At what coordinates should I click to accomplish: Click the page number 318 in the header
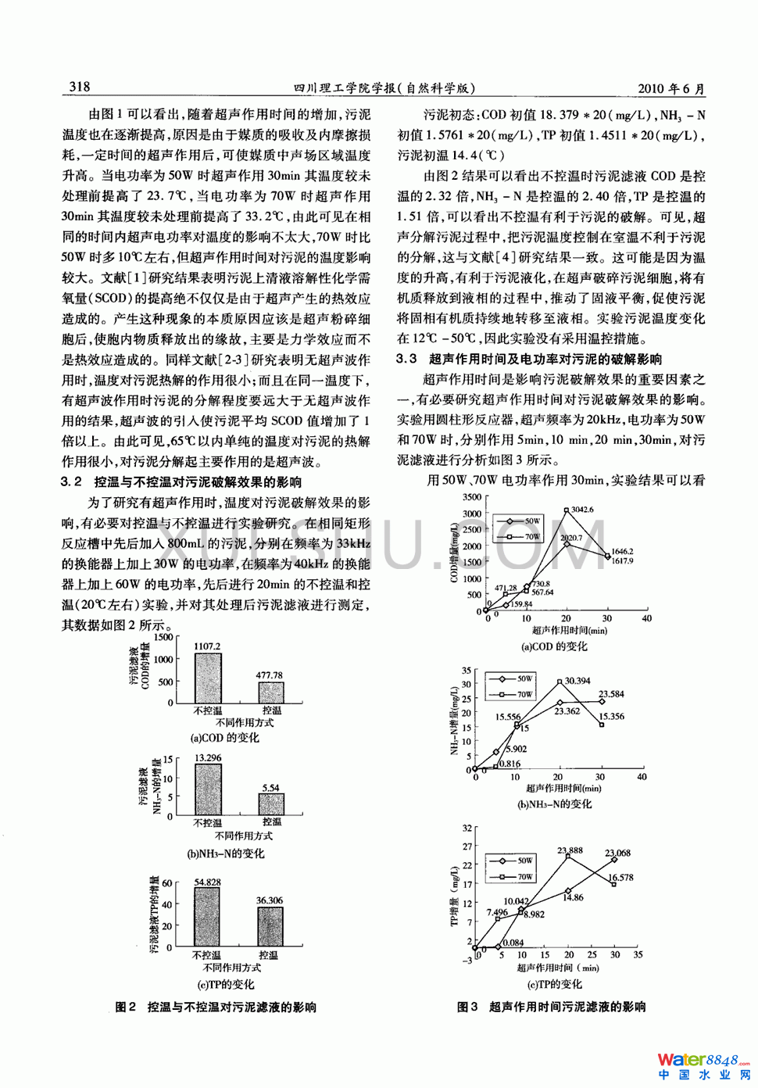(x=80, y=87)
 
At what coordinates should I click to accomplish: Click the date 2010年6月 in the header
(x=670, y=88)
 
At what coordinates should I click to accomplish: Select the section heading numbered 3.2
(x=181, y=482)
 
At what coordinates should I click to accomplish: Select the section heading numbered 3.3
(x=528, y=359)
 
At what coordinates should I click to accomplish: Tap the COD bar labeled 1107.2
(x=208, y=678)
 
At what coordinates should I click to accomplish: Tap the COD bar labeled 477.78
(x=271, y=693)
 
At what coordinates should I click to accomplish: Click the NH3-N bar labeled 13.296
(x=208, y=789)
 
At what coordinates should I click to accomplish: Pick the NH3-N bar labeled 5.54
(x=271, y=804)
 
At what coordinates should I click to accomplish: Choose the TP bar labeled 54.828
(x=207, y=917)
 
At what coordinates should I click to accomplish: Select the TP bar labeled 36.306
(x=270, y=927)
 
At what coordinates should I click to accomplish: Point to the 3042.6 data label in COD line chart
(x=582, y=510)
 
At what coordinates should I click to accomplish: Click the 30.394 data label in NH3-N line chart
(x=577, y=681)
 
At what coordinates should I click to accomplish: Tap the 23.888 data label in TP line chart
(x=570, y=850)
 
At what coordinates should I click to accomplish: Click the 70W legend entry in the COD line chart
(x=523, y=537)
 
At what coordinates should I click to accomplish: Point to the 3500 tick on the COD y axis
(x=472, y=497)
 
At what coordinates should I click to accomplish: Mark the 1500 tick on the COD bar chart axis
(x=163, y=638)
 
